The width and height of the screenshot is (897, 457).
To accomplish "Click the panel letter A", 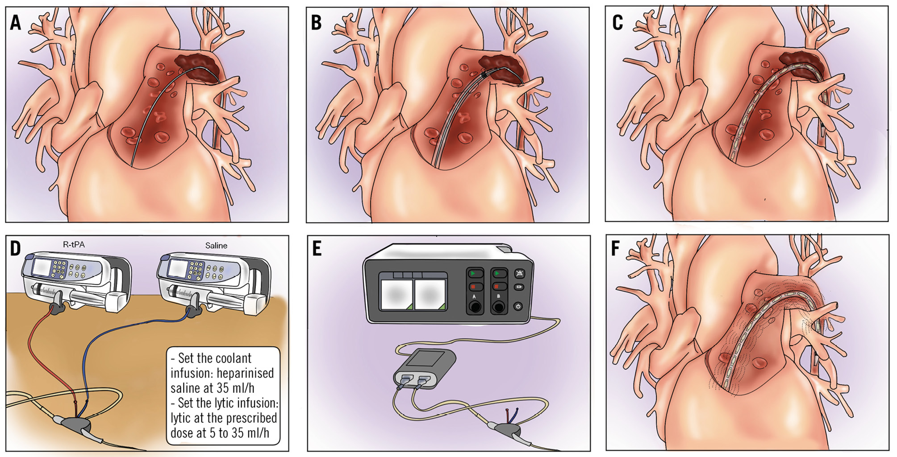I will [x=16, y=22].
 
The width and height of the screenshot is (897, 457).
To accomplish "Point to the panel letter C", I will [x=617, y=22].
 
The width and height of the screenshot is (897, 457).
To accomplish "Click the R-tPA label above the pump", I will [x=74, y=244].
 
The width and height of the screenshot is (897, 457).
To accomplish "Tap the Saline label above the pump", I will [x=216, y=246].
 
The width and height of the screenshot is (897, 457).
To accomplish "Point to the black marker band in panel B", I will [x=484, y=75].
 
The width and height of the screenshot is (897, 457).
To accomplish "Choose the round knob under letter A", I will [x=475, y=307].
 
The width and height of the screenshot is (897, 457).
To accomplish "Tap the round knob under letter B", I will [x=498, y=307].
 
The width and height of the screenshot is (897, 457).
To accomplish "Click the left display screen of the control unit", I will [x=396, y=294].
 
